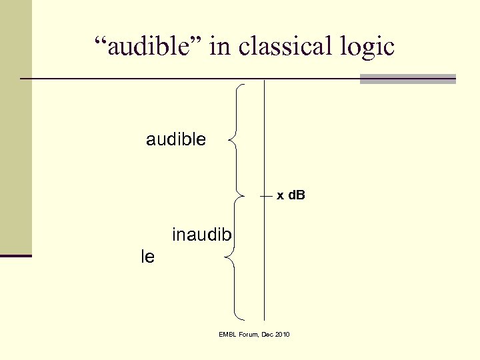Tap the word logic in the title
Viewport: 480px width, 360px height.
pyautogui.click(x=369, y=47)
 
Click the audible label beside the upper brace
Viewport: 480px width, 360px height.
pyautogui.click(x=176, y=139)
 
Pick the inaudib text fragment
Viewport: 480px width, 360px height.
pyautogui.click(x=202, y=235)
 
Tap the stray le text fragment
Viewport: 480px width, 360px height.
pyautogui.click(x=148, y=256)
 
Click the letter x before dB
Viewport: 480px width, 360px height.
pyautogui.click(x=280, y=196)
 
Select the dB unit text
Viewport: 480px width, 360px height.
pyautogui.click(x=296, y=196)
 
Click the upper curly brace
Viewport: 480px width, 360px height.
pyautogui.click(x=237, y=139)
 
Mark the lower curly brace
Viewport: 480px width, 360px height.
pyautogui.click(x=234, y=257)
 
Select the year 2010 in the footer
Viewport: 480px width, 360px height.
pyautogui.click(x=281, y=334)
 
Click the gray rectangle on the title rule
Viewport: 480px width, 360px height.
pyautogui.click(x=407, y=79)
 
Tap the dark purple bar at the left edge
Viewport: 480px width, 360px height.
pyautogui.click(x=15, y=255)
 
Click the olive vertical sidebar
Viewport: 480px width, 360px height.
pyautogui.click(x=15, y=127)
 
